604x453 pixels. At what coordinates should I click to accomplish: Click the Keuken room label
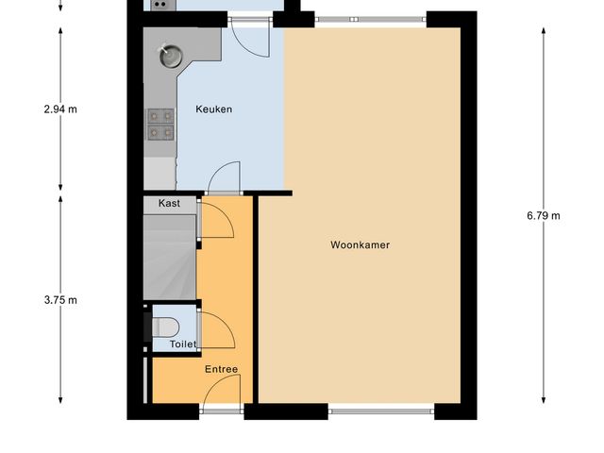pos(213,109)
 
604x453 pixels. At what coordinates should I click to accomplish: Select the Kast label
pos(169,203)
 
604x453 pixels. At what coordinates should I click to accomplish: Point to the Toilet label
pos(182,344)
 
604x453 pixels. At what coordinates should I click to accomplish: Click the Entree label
pos(221,369)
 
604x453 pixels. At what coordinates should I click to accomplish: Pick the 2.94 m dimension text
pos(60,109)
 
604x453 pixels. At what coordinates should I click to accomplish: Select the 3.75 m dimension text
pos(60,300)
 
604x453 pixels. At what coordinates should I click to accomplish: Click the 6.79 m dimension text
pos(544,215)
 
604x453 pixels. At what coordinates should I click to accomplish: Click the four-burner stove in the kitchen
pos(160,124)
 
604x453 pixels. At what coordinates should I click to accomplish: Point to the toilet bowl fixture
pos(165,327)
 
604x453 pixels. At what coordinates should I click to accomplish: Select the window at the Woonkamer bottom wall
pos(381,411)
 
